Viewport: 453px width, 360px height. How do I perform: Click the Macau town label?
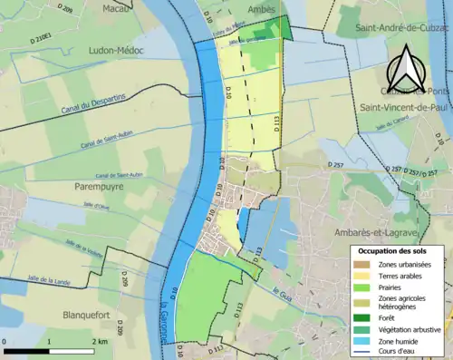[114, 8]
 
